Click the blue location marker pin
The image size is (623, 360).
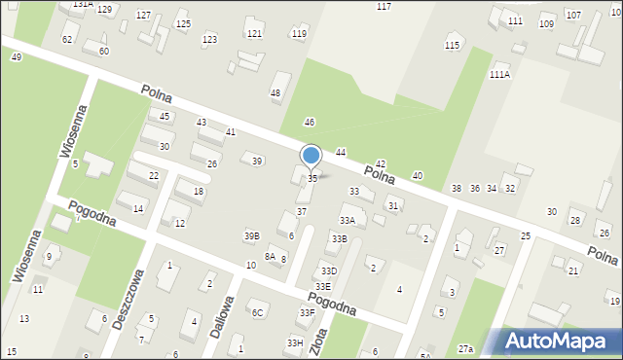311,157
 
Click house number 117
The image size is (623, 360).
384,7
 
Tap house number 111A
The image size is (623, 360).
499,74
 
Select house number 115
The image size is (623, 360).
452,46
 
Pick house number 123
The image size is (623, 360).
209,40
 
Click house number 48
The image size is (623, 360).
275,93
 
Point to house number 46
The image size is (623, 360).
310,122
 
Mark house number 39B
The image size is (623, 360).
252,235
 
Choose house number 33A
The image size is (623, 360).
347,221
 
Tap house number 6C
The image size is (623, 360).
257,312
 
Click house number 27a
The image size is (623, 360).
466,348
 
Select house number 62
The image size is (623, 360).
67,39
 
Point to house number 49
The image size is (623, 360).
17,57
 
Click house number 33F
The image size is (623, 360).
307,312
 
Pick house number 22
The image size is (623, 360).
154,175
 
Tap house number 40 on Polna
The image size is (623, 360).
417,175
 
